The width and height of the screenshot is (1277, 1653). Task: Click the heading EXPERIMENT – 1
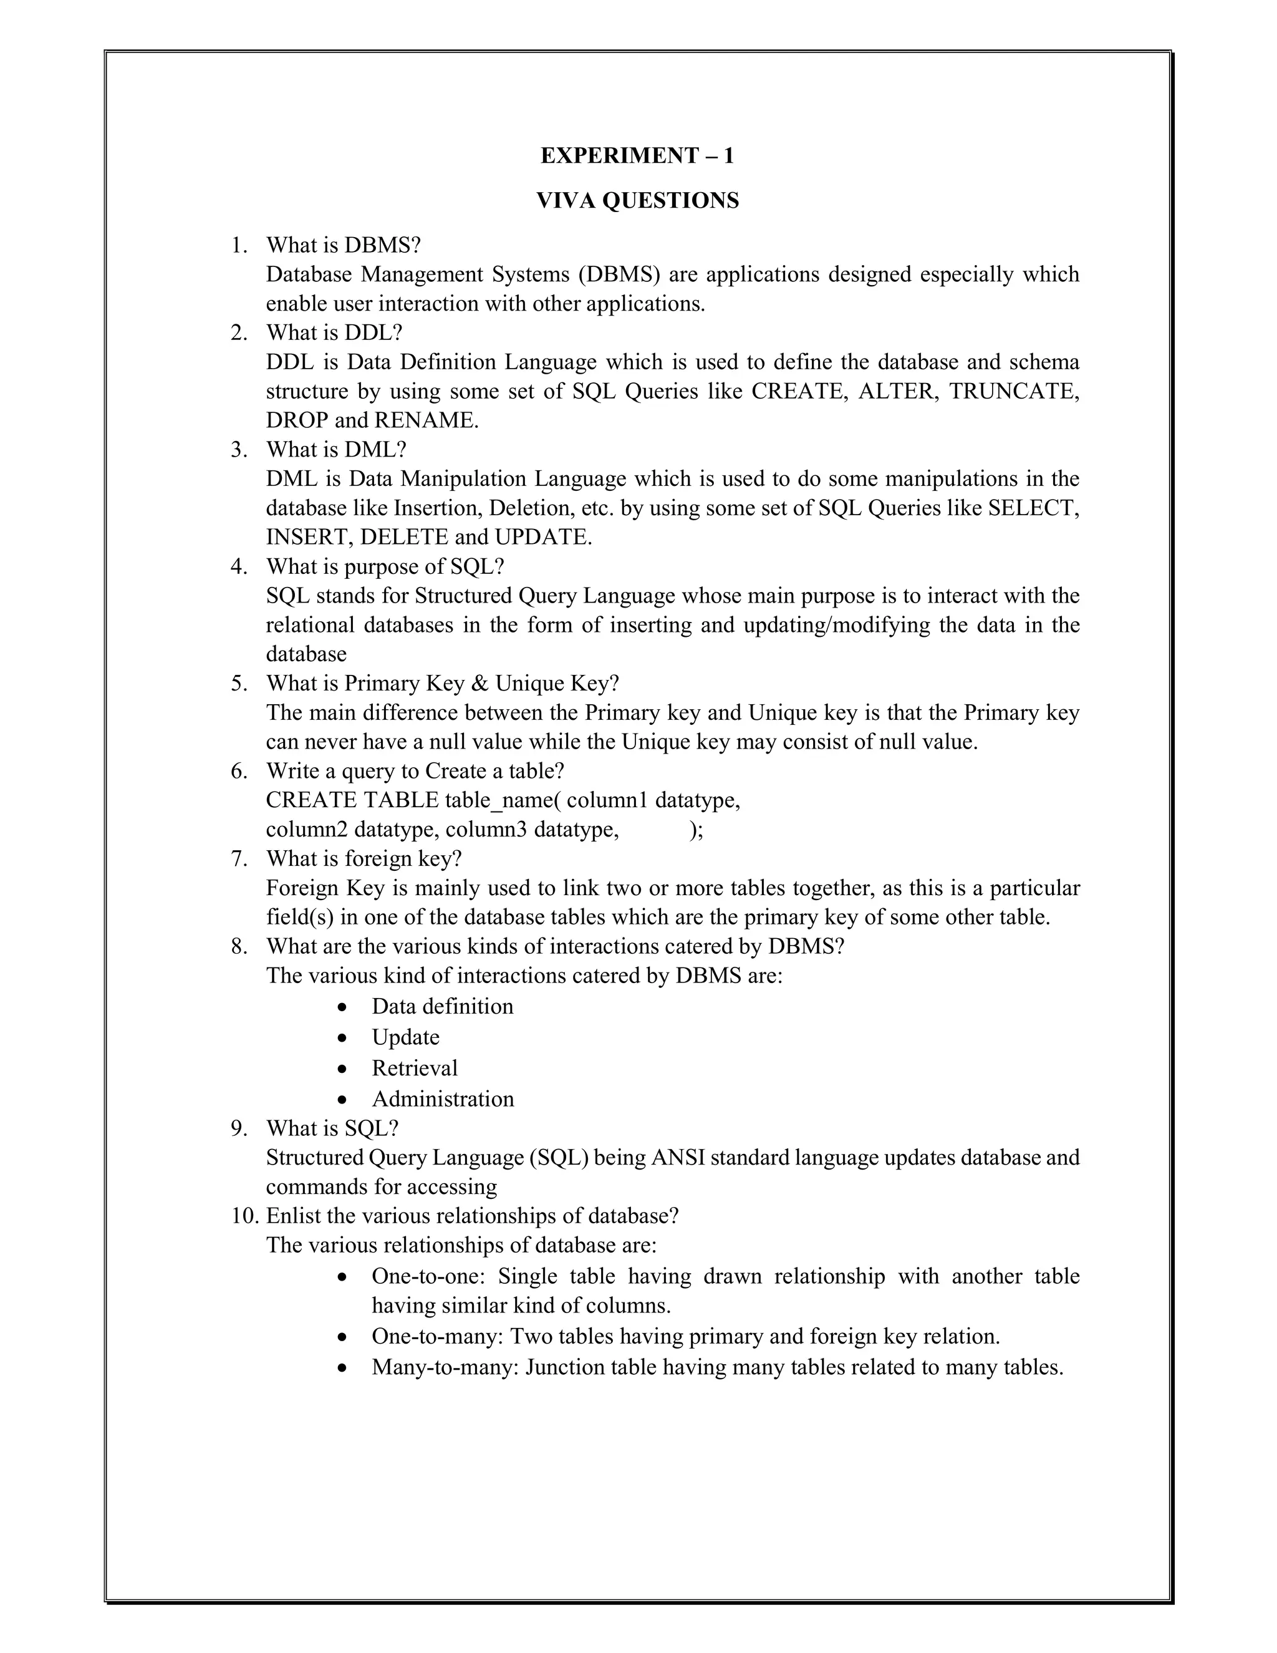coord(637,156)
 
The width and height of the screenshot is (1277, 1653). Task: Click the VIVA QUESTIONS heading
coord(637,201)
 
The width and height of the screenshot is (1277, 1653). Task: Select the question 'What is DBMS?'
coord(343,245)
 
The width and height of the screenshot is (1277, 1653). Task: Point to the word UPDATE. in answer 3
coord(543,537)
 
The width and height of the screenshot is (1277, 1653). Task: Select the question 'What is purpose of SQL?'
coord(384,567)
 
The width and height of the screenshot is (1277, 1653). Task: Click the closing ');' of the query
coord(696,830)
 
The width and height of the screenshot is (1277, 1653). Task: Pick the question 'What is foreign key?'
coord(364,859)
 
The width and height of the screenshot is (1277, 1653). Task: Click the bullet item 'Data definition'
coord(442,1007)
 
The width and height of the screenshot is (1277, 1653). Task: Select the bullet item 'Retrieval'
coord(415,1069)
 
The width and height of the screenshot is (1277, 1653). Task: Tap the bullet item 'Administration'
coord(443,1099)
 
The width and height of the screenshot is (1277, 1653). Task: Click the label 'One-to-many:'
coord(437,1337)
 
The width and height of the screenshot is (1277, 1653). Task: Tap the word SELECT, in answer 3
coord(1033,508)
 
